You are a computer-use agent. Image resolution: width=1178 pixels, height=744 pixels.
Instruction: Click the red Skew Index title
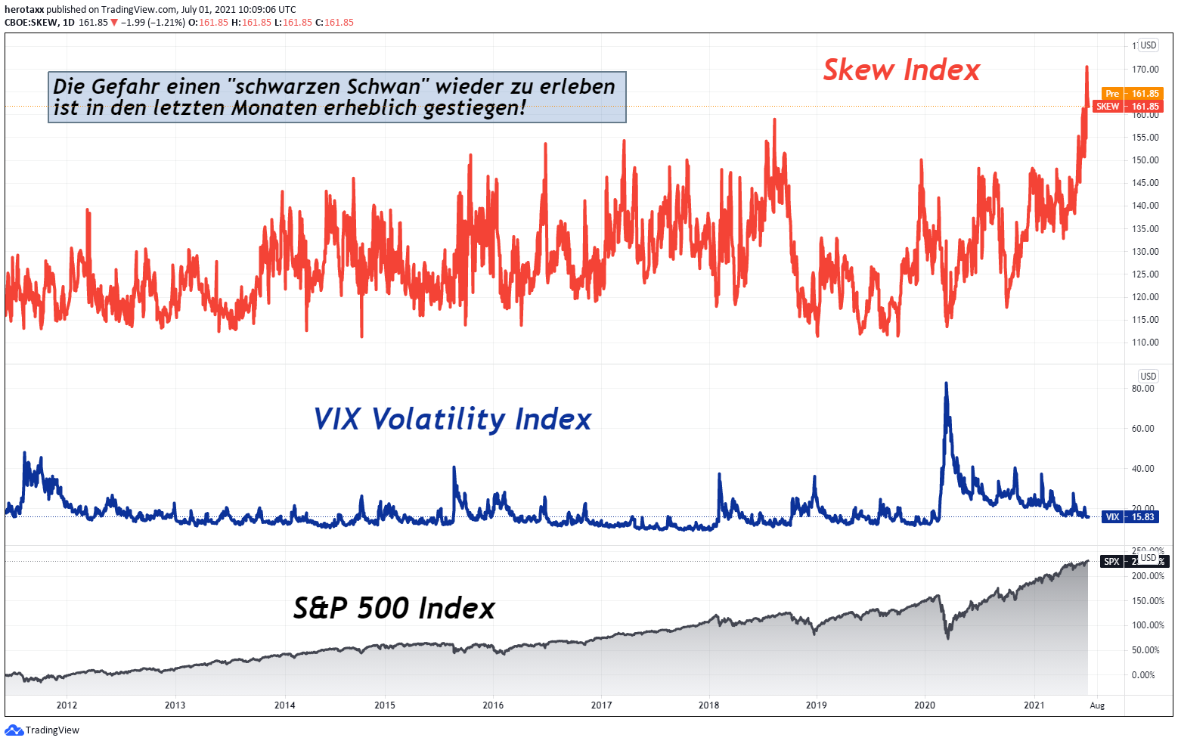[901, 70]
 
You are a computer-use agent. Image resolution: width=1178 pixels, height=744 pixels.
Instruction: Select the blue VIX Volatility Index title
[452, 419]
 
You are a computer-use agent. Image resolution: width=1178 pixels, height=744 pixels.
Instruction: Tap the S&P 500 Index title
[394, 608]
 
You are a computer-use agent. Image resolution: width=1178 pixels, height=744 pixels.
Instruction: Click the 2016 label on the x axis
[493, 705]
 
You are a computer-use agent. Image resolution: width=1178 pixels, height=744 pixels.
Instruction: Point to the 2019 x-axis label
[817, 705]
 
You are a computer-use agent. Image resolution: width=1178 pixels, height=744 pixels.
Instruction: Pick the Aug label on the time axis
[1097, 705]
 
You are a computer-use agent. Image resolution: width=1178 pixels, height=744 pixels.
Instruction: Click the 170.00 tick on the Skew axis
[1145, 69]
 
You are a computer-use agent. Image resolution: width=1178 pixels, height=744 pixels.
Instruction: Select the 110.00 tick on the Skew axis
[1145, 343]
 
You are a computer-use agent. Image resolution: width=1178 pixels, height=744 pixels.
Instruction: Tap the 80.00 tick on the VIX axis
[1142, 389]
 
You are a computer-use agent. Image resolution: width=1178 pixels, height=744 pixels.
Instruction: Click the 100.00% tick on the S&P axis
[1147, 625]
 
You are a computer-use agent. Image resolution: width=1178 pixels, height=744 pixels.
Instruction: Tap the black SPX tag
[1112, 562]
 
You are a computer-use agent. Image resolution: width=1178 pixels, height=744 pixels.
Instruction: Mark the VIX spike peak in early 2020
[946, 383]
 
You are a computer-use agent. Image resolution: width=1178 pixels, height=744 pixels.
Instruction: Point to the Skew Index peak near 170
[1087, 67]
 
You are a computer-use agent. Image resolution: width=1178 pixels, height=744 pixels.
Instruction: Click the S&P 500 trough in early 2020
[948, 638]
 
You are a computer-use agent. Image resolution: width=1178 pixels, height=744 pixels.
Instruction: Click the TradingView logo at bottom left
[42, 730]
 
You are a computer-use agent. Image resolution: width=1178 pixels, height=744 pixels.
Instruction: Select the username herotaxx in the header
[24, 10]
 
